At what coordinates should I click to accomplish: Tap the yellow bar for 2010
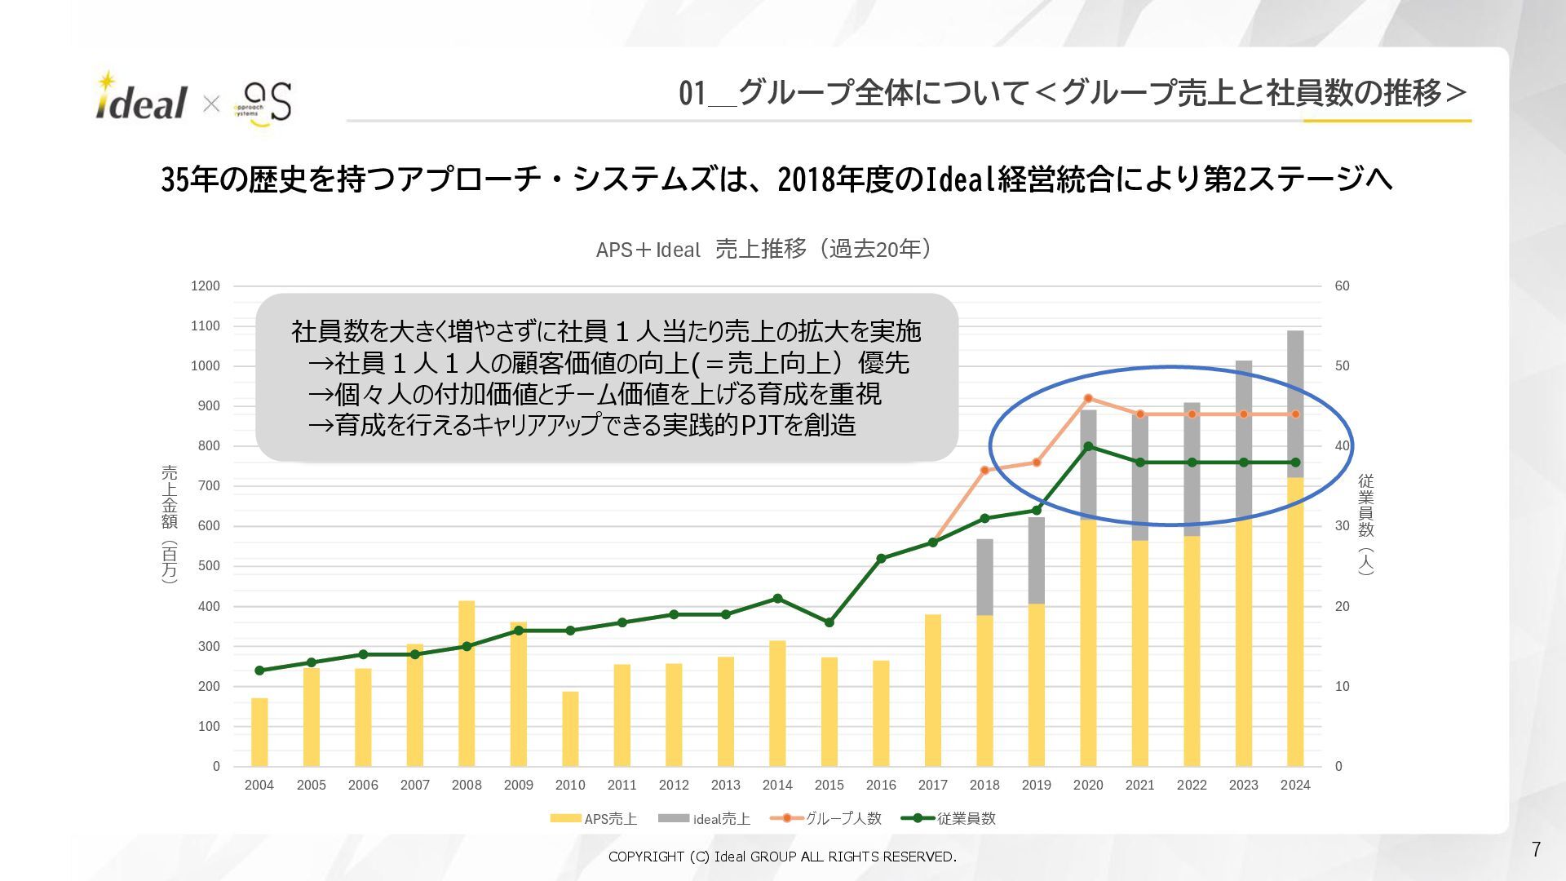[570, 729]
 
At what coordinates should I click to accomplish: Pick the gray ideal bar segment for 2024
[1295, 404]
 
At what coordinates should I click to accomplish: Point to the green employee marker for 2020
[1088, 446]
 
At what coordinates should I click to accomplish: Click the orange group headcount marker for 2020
[1088, 398]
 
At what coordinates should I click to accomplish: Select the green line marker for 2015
[829, 622]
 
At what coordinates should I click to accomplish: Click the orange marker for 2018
[984, 470]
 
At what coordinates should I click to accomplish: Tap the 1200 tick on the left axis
[206, 286]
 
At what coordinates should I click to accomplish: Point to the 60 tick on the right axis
[1342, 286]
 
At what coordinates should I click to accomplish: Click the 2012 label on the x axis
[674, 786]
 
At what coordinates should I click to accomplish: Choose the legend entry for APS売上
[594, 818]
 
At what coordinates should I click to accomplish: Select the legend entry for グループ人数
[826, 818]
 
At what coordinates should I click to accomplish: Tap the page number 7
[1536, 850]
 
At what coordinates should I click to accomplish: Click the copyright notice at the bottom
[782, 857]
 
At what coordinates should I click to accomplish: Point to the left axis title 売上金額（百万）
[169, 524]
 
